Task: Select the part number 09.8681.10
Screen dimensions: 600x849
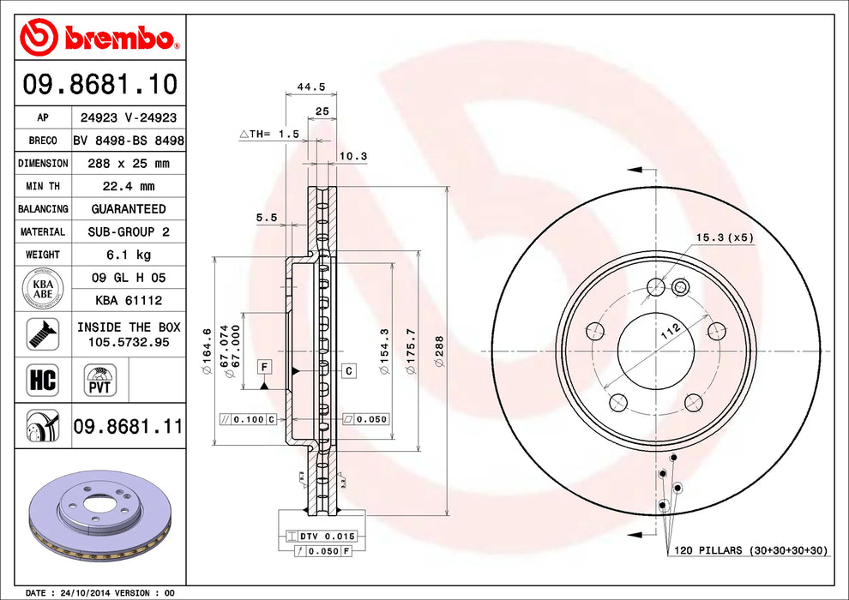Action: [100, 84]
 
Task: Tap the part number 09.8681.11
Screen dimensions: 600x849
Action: [128, 424]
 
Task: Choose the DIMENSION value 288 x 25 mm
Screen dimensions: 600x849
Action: [128, 163]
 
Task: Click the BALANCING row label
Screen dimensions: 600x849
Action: [43, 209]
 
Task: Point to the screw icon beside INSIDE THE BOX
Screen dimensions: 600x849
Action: [42, 333]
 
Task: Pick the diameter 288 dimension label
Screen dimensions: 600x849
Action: [438, 352]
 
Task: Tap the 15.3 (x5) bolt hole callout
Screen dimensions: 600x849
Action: [725, 237]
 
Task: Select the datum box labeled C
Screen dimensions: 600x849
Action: [350, 370]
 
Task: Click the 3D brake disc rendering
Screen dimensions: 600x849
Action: [102, 514]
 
